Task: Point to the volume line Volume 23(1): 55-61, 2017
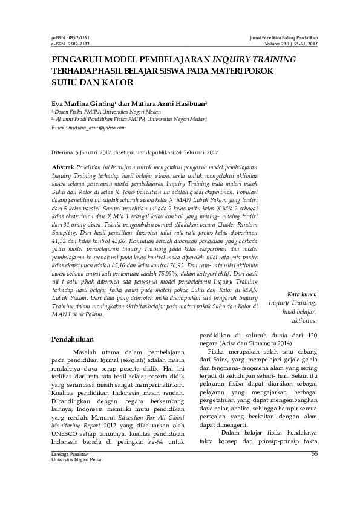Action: point(292,44)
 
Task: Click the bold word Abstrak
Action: point(64,166)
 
